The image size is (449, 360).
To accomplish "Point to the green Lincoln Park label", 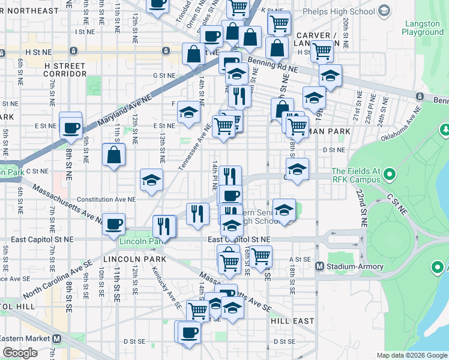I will point(141,242).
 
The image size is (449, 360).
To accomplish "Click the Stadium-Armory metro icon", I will point(319,266).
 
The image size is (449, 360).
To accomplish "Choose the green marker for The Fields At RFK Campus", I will point(389,175).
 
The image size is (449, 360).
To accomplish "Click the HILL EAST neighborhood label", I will point(292,321).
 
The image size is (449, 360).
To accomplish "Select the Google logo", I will point(20,353).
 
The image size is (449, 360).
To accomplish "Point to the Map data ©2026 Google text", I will point(412,355).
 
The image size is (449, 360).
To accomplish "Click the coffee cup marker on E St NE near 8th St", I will point(71,127).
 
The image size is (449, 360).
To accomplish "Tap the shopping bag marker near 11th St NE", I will point(113,155).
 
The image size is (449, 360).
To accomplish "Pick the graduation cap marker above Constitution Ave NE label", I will point(151,179).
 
